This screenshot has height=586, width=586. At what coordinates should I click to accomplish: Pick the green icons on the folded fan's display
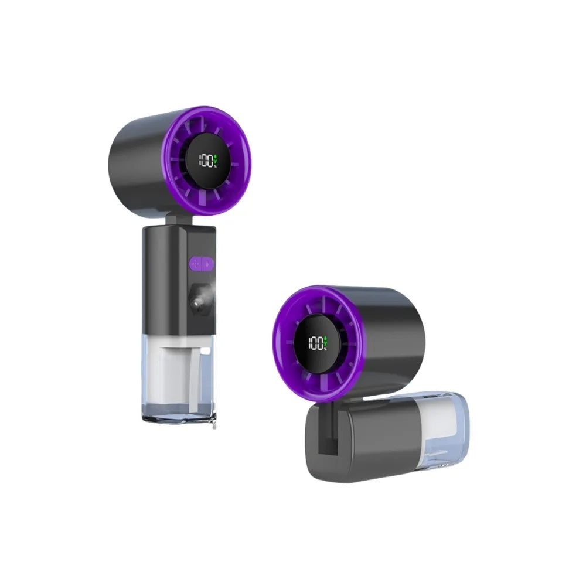click(x=325, y=343)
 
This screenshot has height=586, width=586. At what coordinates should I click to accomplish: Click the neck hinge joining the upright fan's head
click(x=181, y=221)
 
